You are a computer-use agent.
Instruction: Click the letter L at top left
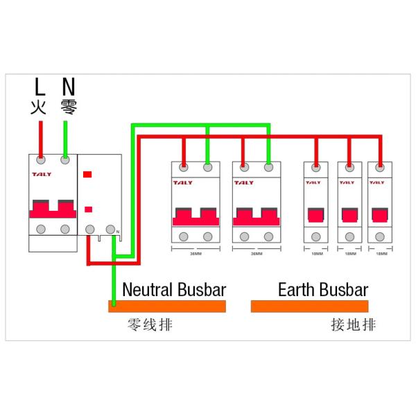click(40, 87)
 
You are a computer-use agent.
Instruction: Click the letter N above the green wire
click(68, 87)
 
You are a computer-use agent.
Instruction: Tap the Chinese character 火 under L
click(40, 107)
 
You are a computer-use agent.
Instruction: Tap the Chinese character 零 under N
click(68, 107)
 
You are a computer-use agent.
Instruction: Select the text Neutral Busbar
click(173, 289)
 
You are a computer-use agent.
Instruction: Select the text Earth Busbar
click(322, 289)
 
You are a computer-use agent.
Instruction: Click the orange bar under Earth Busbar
click(309, 306)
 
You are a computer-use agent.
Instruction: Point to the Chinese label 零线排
click(149, 324)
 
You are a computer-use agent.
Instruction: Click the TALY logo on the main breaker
click(41, 175)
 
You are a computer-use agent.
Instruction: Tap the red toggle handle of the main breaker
click(53, 209)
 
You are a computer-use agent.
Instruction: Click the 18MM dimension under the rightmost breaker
click(380, 254)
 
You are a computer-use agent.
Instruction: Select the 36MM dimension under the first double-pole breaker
click(196, 254)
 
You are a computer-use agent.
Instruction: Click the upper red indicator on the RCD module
click(88, 175)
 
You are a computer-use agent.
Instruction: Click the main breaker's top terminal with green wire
click(65, 160)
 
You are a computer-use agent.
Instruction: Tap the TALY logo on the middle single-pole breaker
click(347, 182)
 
